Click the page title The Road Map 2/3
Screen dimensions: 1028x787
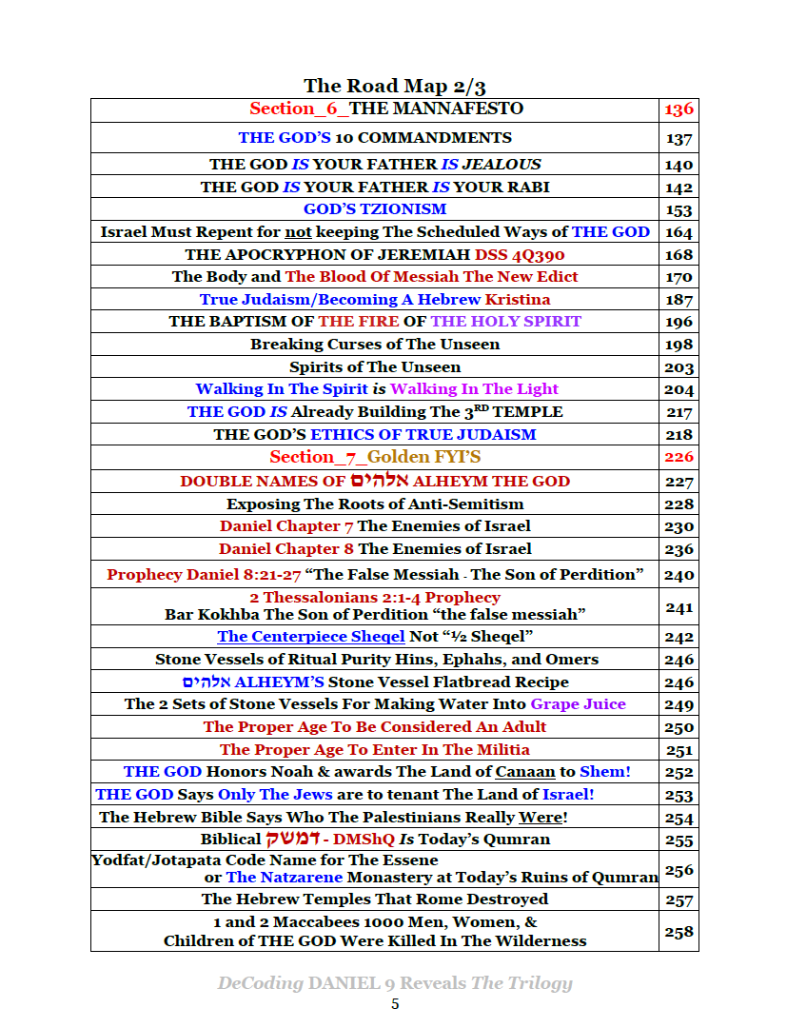point(395,86)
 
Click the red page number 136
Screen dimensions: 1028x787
point(679,109)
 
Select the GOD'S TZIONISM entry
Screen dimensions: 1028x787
point(375,209)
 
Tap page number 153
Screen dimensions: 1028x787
point(679,210)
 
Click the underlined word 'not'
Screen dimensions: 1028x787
point(299,232)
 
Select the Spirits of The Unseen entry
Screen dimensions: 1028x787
point(375,367)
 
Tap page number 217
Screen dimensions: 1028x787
point(679,413)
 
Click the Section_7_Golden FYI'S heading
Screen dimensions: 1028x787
point(375,457)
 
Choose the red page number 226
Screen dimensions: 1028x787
point(679,458)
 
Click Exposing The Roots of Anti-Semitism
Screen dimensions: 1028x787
point(375,504)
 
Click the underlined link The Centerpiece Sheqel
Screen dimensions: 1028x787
point(298,637)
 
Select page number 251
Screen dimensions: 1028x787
point(679,751)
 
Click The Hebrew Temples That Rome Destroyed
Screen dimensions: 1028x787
point(375,899)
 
